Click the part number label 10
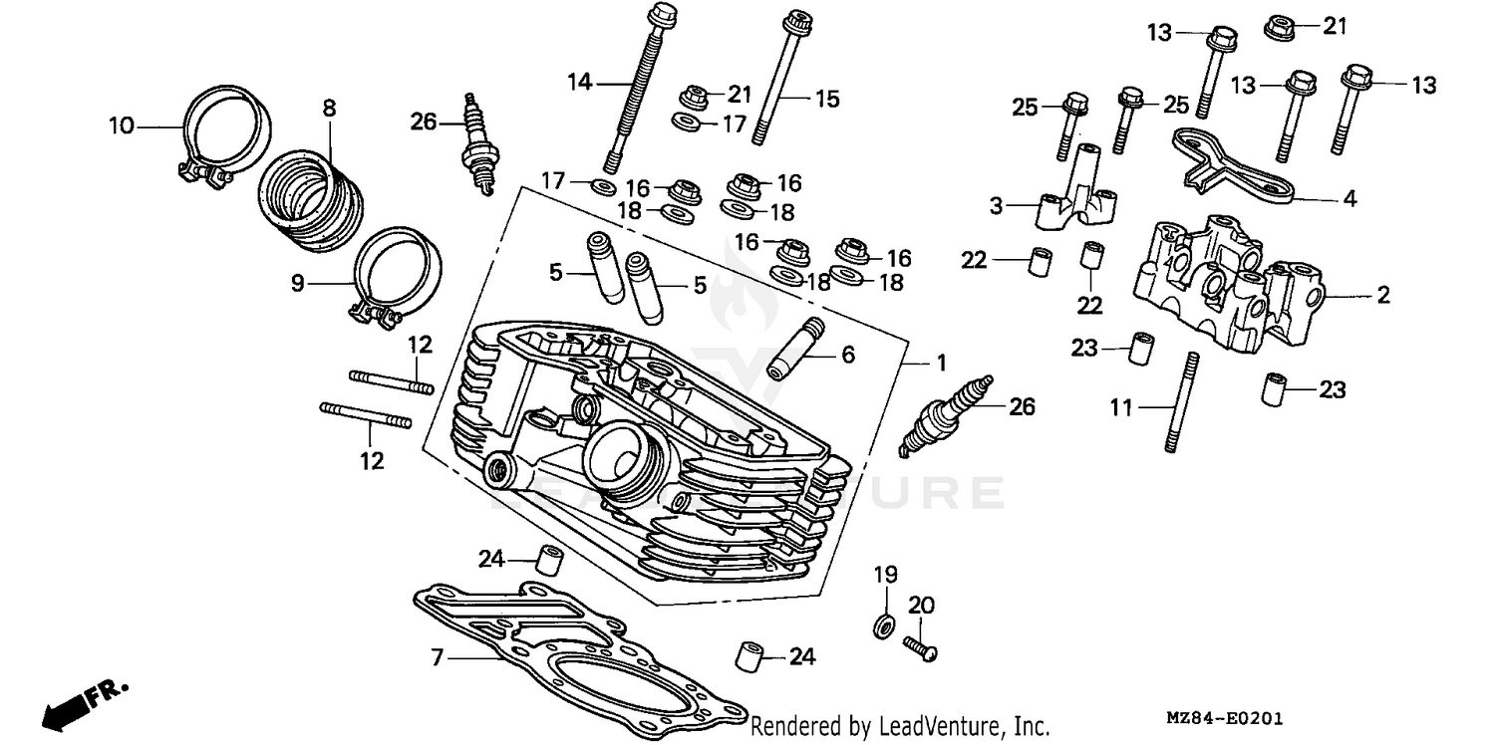coord(121,125)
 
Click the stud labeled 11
coord(1179,403)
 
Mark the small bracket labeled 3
coord(1076,194)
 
